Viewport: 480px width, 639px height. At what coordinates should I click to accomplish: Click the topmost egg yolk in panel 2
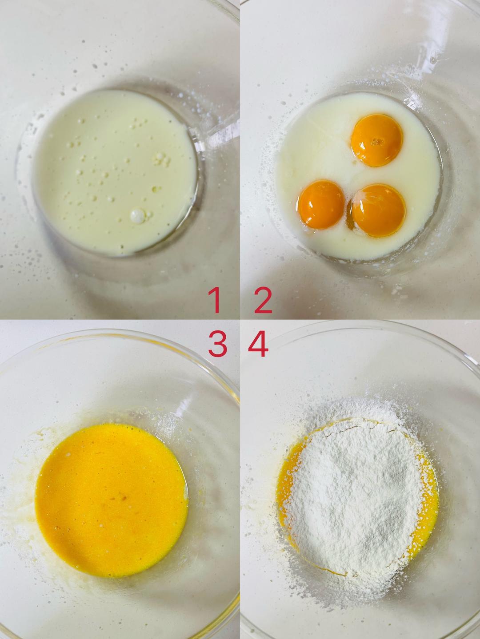pyautogui.click(x=376, y=140)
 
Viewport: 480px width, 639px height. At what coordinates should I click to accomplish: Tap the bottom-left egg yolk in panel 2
pyautogui.click(x=321, y=203)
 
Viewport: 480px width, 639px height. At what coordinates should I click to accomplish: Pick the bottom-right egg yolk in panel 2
pyautogui.click(x=378, y=210)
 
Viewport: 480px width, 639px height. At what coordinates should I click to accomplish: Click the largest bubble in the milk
pyautogui.click(x=138, y=216)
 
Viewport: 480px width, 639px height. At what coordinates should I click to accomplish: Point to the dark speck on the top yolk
pyautogui.click(x=378, y=142)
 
